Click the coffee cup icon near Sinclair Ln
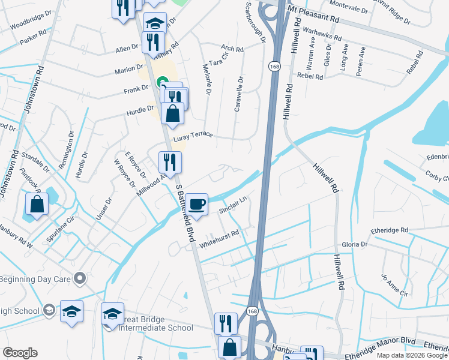click(196, 205)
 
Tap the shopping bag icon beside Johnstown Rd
click(37, 204)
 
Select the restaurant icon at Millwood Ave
click(169, 162)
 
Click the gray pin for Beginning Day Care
click(78, 278)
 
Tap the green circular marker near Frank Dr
click(161, 82)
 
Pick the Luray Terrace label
click(193, 137)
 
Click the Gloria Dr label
click(354, 244)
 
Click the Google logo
click(20, 353)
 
